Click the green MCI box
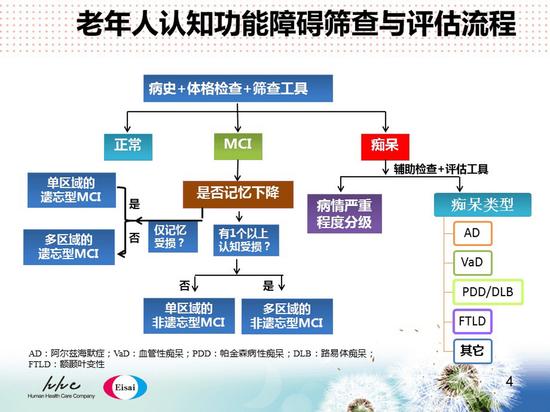(x=238, y=146)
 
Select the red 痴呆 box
(x=385, y=147)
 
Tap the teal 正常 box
(x=128, y=147)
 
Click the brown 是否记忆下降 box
(x=238, y=194)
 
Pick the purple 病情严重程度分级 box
(x=344, y=213)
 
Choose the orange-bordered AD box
(x=472, y=233)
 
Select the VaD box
(x=472, y=263)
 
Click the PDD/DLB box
(x=487, y=292)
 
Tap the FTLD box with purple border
(x=472, y=321)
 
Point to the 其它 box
(x=472, y=351)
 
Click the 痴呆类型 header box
(x=482, y=205)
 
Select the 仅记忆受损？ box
(x=173, y=237)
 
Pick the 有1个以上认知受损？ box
(x=246, y=240)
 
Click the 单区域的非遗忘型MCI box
(x=189, y=316)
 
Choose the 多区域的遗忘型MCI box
(x=69, y=247)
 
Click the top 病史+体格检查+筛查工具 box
(x=238, y=89)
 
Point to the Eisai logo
(x=125, y=387)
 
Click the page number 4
(x=509, y=382)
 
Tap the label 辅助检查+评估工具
(x=440, y=169)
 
